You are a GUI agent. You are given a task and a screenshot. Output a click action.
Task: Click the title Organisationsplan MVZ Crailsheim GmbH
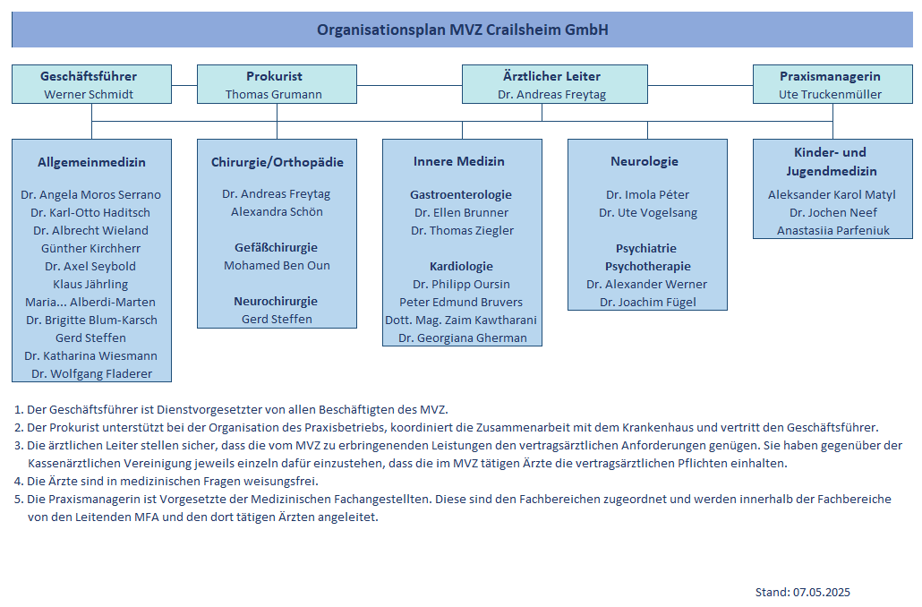pos(462,30)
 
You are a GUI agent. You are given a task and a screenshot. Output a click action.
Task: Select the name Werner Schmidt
pos(89,94)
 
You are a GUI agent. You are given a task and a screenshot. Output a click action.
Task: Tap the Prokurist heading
pos(274,76)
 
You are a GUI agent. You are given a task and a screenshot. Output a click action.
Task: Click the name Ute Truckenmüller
pos(830,94)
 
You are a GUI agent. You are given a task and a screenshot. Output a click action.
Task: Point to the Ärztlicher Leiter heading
pos(551,76)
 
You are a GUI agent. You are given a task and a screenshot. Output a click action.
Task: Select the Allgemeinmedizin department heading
pos(91,162)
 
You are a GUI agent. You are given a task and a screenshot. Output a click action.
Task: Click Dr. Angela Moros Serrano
pos(90,194)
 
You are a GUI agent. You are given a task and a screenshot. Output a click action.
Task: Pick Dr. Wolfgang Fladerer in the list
pos(91,373)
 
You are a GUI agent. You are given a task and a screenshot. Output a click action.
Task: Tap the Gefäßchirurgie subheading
pos(277,248)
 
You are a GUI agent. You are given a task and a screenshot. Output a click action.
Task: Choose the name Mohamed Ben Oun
pos(277,265)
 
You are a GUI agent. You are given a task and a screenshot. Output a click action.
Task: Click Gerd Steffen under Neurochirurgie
pos(277,319)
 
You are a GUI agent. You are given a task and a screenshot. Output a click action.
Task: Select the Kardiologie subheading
pos(462,267)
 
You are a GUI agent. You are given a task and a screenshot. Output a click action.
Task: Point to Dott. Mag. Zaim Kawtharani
pos(461,320)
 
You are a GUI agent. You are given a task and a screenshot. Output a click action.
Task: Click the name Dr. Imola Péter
pos(647,194)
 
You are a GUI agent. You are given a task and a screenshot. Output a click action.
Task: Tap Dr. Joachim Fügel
pos(647,303)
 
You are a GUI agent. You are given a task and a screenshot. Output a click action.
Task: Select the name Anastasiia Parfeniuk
pos(833,231)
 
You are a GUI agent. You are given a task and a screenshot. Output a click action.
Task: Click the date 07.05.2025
pos(822,593)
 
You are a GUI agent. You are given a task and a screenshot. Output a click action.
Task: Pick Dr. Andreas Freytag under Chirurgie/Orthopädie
pos(277,194)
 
